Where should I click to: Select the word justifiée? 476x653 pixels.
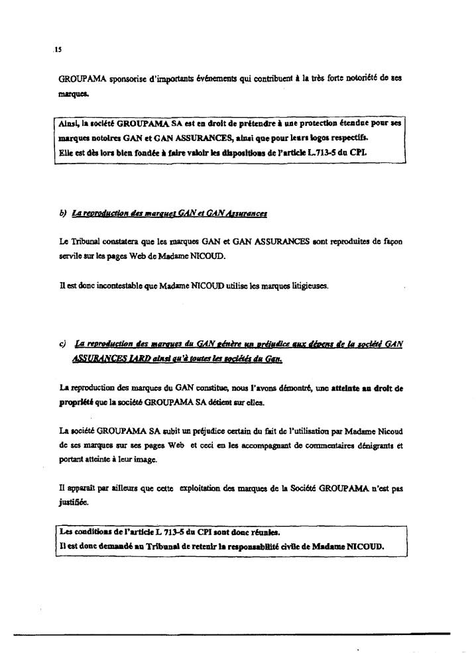(75, 503)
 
